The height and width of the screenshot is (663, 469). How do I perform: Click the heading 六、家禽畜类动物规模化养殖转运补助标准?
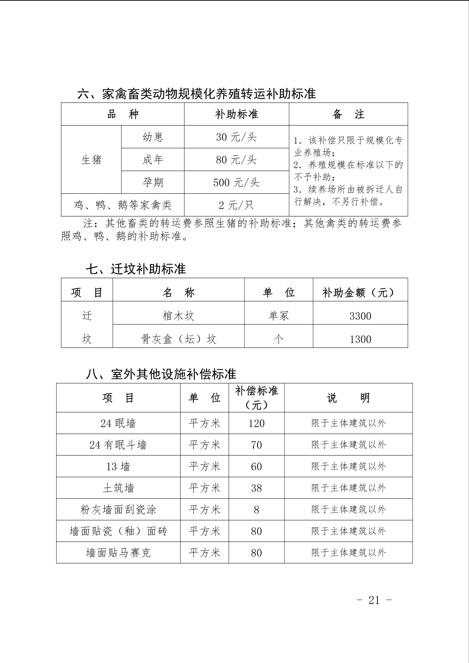[197, 94]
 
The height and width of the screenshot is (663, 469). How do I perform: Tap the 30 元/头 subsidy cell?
[236, 137]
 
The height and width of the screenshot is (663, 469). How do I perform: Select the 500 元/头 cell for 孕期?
[236, 182]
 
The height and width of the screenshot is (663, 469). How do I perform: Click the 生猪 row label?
[91, 160]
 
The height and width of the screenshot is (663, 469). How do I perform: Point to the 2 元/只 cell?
[236, 205]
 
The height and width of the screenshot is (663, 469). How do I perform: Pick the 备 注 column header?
[348, 114]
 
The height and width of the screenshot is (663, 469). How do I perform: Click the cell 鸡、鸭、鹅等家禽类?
[123, 205]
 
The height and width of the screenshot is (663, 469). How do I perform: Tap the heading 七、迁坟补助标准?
[136, 269]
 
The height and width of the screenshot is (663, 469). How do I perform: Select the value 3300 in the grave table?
[360, 316]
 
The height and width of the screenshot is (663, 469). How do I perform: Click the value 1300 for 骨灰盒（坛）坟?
[360, 339]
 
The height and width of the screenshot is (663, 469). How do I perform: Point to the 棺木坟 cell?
[178, 316]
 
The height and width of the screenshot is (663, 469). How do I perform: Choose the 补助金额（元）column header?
[360, 293]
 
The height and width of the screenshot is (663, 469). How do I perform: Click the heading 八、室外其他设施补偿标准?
[161, 374]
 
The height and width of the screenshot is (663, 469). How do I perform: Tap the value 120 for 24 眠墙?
[256, 423]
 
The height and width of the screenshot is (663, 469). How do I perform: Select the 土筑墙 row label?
[119, 488]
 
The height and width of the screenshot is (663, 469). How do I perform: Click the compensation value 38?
[256, 488]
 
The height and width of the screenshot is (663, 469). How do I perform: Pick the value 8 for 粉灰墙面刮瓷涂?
[256, 510]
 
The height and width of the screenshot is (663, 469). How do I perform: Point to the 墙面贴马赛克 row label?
[119, 553]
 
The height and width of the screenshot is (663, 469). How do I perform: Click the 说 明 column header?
[348, 398]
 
